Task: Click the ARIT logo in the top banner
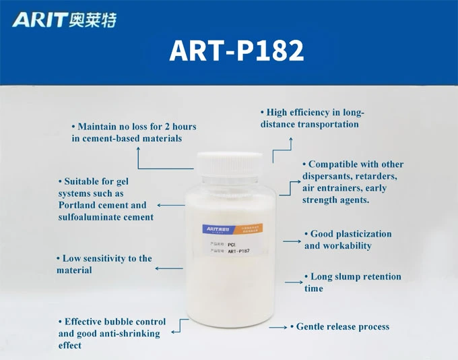(x=64, y=20)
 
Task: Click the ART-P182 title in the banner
(x=236, y=51)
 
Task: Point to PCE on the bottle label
(x=231, y=244)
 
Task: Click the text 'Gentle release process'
(x=342, y=327)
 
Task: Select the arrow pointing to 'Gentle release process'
(x=278, y=327)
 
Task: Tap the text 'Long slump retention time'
(x=352, y=282)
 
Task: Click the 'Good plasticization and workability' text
(x=347, y=240)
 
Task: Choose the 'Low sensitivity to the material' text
(x=104, y=264)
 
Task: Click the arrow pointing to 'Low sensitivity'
(x=169, y=268)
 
